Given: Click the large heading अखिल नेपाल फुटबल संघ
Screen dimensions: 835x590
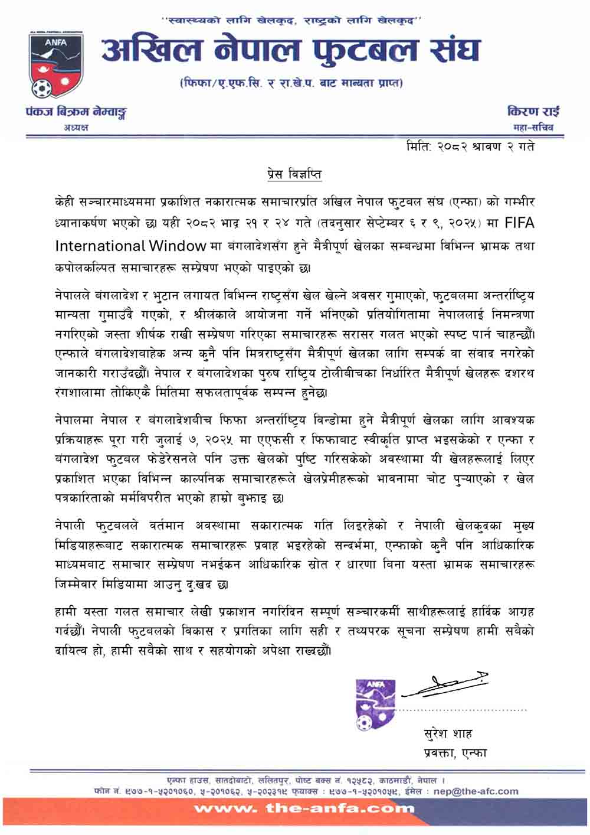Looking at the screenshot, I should [x=290, y=50].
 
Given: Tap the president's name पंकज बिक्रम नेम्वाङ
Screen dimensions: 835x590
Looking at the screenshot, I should [x=76, y=112].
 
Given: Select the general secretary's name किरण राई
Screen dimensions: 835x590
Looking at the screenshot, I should [x=533, y=111].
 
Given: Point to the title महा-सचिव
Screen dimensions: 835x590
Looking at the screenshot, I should [x=533, y=128].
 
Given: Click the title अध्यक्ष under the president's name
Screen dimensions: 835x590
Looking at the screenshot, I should [x=76, y=128].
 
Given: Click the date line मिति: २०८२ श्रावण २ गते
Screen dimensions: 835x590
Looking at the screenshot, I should [x=470, y=146].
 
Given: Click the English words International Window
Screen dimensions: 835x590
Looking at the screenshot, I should [x=130, y=245].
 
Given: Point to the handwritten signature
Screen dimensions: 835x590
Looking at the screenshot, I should [x=446, y=684].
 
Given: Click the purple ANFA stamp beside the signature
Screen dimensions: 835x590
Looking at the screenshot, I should [x=374, y=704].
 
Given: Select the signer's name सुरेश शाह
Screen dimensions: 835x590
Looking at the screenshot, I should [x=448, y=734].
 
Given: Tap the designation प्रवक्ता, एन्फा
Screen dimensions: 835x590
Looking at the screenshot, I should [x=455, y=753].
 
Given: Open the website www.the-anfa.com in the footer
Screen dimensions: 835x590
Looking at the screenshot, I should [x=304, y=808].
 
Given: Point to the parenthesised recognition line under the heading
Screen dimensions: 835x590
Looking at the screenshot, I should [x=291, y=83].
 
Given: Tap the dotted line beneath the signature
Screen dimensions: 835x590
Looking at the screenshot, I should [x=463, y=709].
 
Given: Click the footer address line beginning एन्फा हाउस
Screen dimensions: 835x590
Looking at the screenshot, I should [x=306, y=780].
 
